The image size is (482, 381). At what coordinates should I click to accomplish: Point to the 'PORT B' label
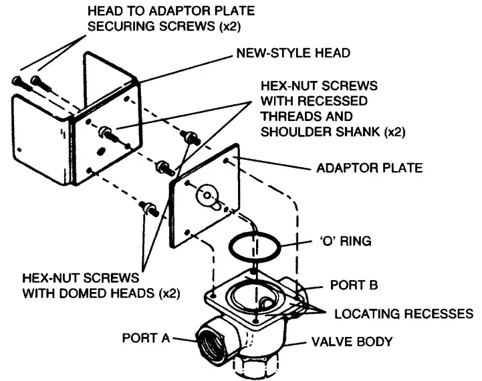[x=354, y=285]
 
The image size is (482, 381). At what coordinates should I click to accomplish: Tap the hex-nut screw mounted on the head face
[x=106, y=133]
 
